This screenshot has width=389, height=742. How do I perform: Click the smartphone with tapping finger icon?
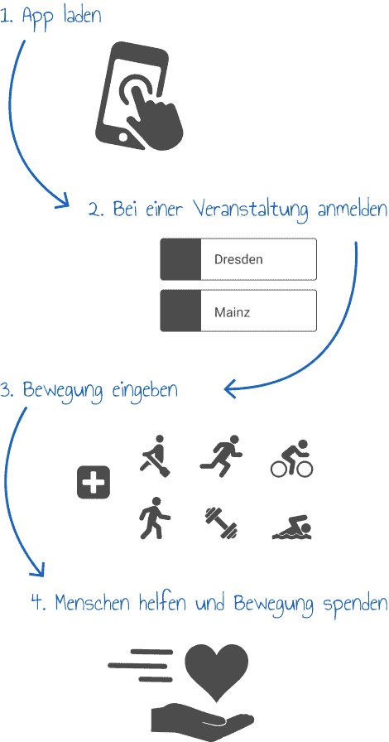click(x=139, y=97)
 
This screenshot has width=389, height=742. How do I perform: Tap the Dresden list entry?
click(x=238, y=259)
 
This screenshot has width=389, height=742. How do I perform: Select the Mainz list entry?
click(x=238, y=311)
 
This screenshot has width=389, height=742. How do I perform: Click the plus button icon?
click(x=94, y=482)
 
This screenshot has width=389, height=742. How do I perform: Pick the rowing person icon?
click(x=156, y=455)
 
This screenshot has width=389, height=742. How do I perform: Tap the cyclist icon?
click(x=292, y=458)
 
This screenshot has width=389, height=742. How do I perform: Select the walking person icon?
click(x=155, y=518)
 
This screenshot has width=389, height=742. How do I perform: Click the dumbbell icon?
click(x=221, y=523)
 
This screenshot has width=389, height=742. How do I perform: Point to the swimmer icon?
click(x=292, y=528)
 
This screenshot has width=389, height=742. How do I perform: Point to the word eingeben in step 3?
click(x=145, y=392)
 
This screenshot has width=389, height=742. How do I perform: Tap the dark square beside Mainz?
click(x=180, y=311)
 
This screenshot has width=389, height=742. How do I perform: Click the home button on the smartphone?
click(x=124, y=137)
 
